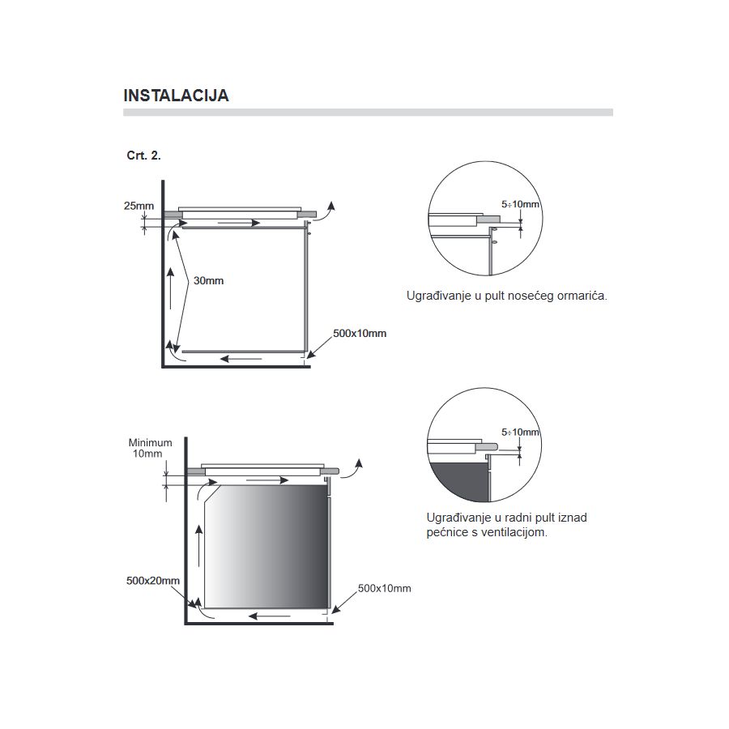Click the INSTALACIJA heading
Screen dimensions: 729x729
(177, 96)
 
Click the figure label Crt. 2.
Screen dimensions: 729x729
(143, 156)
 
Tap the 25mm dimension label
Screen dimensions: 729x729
(139, 206)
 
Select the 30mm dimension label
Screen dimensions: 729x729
(208, 281)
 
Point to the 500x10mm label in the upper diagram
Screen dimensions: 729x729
(360, 334)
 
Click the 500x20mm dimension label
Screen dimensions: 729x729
(153, 581)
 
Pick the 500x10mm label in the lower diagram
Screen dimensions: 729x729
(385, 588)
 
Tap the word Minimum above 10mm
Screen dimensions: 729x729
(150, 442)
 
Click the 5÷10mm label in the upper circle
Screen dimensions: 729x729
(520, 204)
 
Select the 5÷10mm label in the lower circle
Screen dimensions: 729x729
(520, 432)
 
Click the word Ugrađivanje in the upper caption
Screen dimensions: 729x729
(439, 296)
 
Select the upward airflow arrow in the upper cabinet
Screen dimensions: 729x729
(171, 288)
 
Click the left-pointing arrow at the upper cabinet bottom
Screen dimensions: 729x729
(241, 359)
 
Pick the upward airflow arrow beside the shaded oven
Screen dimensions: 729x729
(199, 546)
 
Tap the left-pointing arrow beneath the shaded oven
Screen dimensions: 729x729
(270, 616)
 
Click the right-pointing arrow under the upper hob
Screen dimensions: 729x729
(239, 224)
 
